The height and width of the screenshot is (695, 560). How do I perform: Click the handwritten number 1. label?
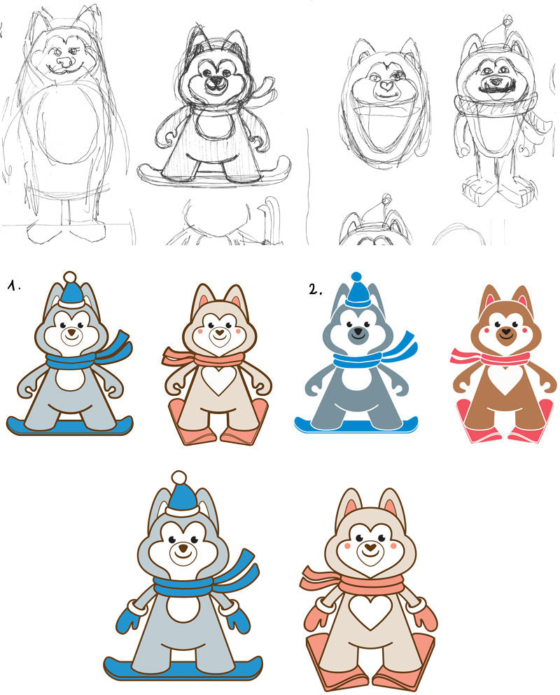point(14,287)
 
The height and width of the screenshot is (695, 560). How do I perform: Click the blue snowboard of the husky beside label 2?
point(356,425)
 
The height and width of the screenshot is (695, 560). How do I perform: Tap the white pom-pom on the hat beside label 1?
point(69,277)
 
